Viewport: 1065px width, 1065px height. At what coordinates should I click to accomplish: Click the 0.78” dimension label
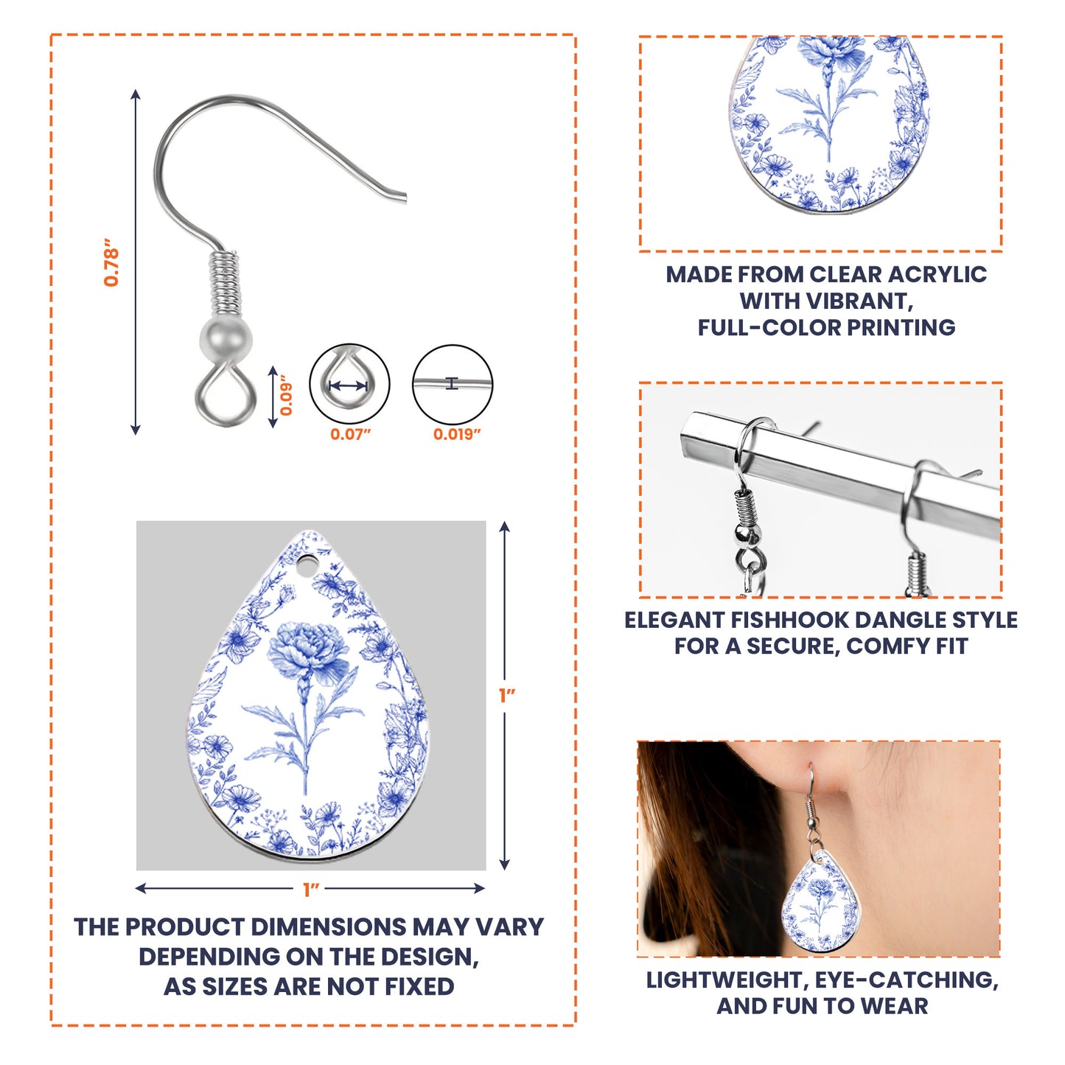(x=111, y=262)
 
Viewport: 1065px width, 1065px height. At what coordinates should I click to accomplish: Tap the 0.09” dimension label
(x=286, y=395)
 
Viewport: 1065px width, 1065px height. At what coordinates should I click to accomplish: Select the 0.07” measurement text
(x=350, y=434)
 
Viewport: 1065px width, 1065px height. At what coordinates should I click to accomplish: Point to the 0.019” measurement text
(x=457, y=434)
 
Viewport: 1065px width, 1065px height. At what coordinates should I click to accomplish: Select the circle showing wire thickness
(x=453, y=384)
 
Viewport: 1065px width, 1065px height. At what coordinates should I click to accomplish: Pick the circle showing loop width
(x=349, y=384)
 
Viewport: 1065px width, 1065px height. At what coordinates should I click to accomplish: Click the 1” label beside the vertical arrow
(x=507, y=696)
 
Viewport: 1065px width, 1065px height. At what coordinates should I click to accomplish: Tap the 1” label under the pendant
(x=311, y=890)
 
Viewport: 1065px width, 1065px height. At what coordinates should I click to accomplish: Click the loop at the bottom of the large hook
(x=226, y=391)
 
